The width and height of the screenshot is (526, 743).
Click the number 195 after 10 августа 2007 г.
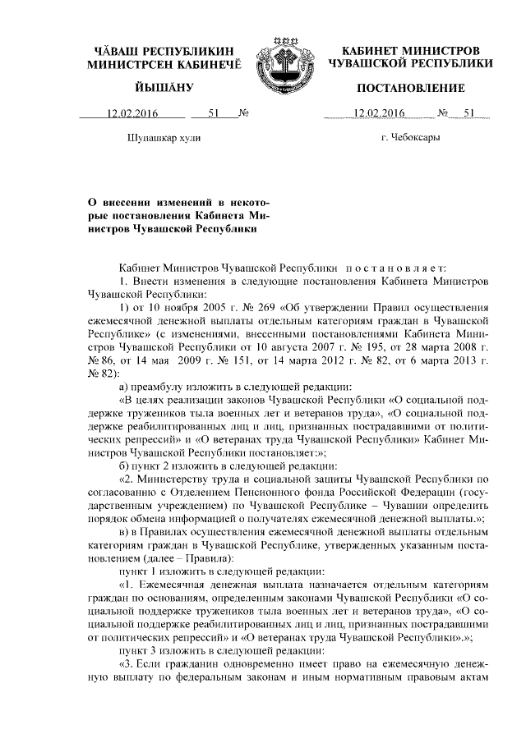pos(348,346)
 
